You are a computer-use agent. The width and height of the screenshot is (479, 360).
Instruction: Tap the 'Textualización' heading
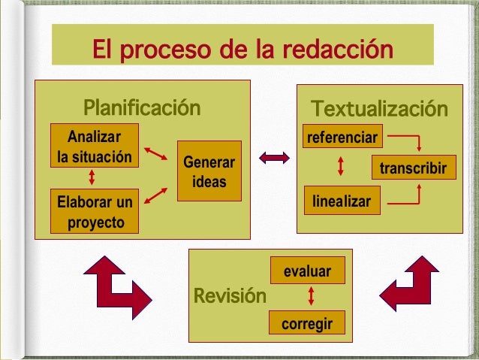379,109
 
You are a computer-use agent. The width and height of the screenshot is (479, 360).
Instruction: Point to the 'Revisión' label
230,295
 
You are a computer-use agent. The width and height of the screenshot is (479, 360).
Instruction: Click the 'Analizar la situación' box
94,147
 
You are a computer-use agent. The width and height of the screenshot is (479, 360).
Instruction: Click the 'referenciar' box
342,138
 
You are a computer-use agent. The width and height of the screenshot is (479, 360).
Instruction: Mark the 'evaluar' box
307,271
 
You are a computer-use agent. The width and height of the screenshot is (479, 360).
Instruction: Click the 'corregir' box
307,323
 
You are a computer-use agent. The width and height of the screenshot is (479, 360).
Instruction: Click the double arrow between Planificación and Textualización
274,157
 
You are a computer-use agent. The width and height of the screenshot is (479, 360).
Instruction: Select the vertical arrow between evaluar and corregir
309,296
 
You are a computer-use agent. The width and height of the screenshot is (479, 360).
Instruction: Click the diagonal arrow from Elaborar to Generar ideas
155,197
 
